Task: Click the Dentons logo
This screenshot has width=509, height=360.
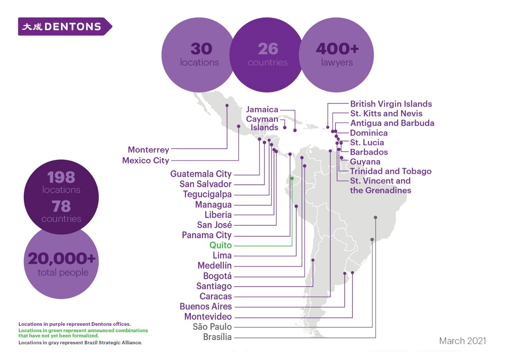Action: [65, 27]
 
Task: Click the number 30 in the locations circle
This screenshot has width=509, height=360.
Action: [201, 49]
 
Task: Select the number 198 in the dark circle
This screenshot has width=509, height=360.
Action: [61, 177]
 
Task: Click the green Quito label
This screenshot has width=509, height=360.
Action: [220, 245]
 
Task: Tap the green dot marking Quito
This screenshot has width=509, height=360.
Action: [292, 178]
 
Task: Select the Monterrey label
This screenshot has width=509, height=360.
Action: [149, 150]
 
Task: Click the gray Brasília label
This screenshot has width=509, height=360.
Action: [217, 337]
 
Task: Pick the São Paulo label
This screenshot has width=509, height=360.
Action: [212, 327]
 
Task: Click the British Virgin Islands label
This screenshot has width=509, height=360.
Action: [391, 104]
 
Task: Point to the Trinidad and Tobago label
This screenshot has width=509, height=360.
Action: [391, 171]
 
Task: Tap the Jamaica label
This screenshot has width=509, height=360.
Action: [262, 109]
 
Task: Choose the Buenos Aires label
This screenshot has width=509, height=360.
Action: [206, 306]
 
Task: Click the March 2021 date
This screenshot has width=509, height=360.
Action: [462, 341]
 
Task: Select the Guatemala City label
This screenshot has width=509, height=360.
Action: [201, 174]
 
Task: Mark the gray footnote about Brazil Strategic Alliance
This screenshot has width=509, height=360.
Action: [80, 343]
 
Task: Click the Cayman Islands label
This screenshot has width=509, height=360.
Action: [263, 123]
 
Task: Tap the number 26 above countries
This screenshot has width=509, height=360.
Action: [268, 49]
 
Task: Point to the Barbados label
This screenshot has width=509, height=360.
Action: [369, 152]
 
